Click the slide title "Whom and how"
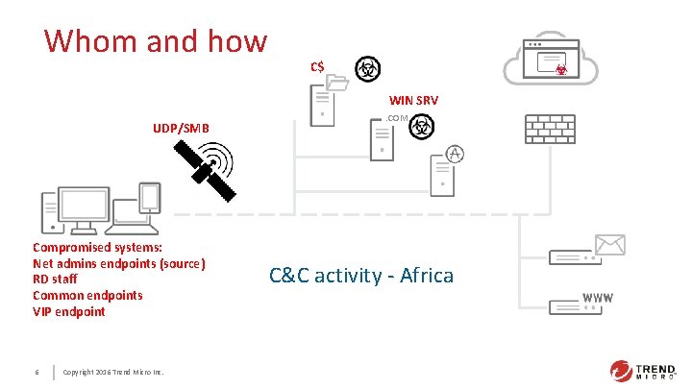155,40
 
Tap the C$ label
316,66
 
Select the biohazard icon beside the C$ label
366,68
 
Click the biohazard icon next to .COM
422,128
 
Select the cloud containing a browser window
551,61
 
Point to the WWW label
597,298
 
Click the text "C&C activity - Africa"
361,276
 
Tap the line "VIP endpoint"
69,311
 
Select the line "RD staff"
59,280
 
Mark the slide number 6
36,372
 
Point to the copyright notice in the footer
112,372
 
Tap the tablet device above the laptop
150,198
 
